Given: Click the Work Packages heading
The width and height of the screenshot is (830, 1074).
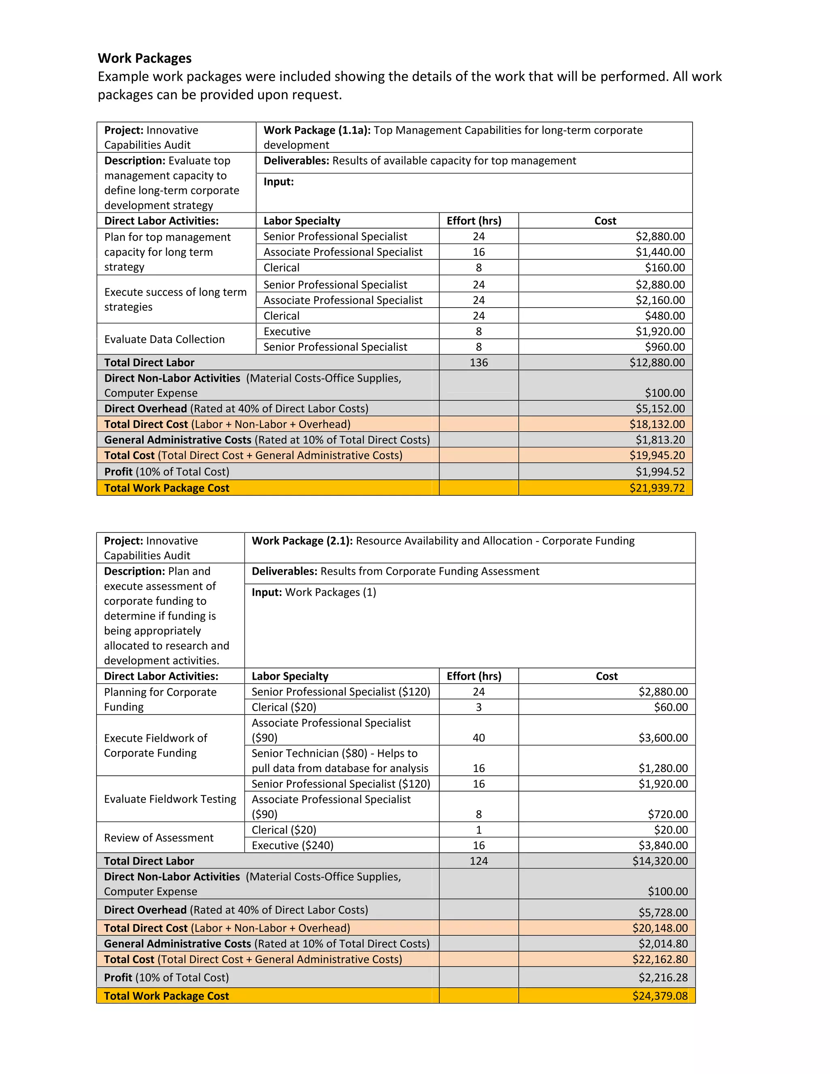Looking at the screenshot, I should click(145, 58).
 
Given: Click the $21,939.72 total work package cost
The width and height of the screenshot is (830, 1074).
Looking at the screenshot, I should click(657, 488).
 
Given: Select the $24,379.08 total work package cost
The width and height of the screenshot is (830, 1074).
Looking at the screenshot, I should click(660, 996).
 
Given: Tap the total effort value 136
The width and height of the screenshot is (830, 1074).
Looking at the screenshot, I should click(479, 362).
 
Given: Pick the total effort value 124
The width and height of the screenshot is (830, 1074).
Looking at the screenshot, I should click(479, 861).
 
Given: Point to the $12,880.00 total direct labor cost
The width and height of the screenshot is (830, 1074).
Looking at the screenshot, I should click(657, 362).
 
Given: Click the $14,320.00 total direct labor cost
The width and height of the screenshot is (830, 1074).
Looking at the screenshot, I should click(660, 861).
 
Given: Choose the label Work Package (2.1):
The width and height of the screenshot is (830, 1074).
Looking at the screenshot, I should click(302, 541).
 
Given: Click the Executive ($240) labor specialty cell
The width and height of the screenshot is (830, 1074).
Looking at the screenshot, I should click(293, 845).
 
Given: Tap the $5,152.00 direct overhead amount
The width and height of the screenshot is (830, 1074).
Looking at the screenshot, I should click(660, 409).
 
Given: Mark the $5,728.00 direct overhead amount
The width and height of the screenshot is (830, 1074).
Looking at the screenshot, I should click(663, 913).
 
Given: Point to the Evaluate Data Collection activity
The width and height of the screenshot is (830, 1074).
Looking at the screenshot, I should click(164, 339).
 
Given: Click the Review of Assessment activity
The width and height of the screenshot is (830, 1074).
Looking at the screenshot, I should click(158, 838).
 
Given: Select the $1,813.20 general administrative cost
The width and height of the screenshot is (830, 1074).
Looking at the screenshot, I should click(660, 440).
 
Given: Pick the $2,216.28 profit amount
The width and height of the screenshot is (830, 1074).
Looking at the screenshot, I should click(663, 978).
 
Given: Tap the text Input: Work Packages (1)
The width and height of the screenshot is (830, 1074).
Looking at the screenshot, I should click(314, 592).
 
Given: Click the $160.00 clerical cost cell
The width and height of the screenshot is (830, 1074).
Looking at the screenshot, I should click(665, 267).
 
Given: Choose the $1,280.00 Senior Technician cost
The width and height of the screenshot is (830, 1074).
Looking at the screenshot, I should click(663, 768).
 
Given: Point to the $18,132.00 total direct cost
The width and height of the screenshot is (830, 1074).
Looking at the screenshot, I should click(657, 424).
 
